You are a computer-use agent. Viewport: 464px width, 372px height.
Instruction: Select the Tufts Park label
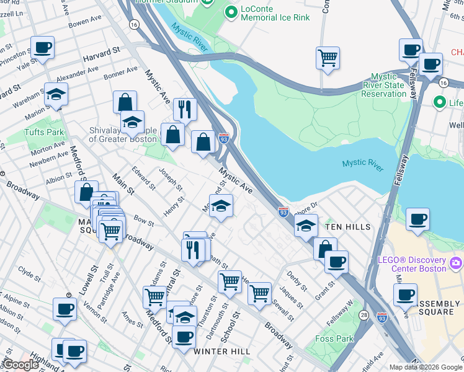[44, 132]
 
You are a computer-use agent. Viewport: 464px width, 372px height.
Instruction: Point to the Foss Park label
[334, 339]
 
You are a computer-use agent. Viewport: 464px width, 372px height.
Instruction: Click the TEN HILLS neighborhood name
[348, 228]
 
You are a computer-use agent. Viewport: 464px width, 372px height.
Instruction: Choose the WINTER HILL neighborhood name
[222, 351]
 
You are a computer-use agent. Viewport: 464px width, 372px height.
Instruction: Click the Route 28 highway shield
[364, 316]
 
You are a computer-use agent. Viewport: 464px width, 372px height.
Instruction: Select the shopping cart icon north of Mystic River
[328, 58]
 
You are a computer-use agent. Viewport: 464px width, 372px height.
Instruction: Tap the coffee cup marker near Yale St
[42, 48]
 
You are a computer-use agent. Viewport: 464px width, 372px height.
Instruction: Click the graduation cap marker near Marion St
[56, 95]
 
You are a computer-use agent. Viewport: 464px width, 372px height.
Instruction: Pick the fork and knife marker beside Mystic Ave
[185, 109]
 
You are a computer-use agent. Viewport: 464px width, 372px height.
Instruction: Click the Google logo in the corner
[21, 365]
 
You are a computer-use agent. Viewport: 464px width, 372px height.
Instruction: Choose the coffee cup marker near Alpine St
[64, 309]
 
